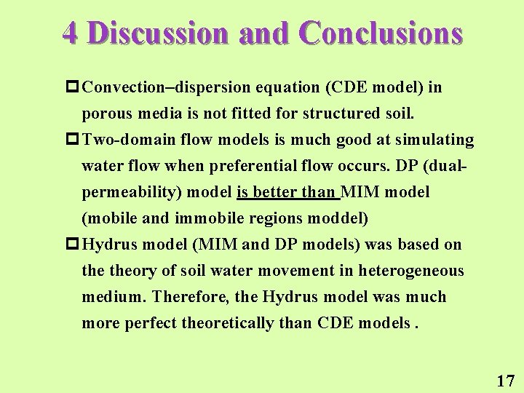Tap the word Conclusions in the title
(381, 33)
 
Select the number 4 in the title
(70, 33)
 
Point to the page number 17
(505, 380)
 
